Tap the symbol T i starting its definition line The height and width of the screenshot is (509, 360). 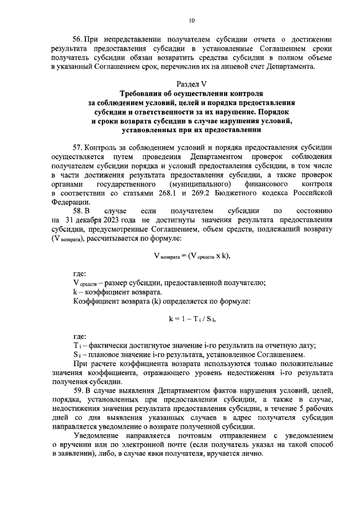(77, 345)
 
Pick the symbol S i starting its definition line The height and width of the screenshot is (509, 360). (77, 354)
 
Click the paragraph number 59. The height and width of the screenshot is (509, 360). (78, 390)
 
